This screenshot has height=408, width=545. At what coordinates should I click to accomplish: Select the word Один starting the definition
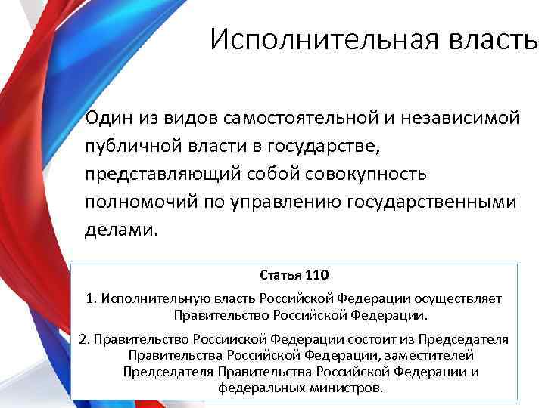107,117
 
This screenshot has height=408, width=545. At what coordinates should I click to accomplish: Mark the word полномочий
137,201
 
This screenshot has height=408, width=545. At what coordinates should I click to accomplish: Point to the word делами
122,229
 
